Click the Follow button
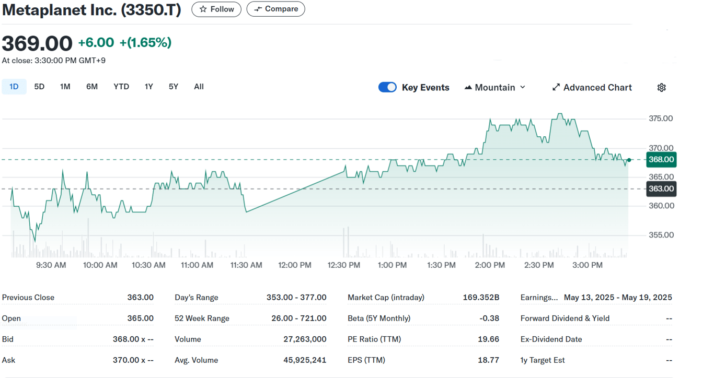coord(216,9)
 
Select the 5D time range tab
coord(39,87)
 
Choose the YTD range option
coord(121,87)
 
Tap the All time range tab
coord(199,87)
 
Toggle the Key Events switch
coord(387,87)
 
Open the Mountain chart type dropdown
coord(494,87)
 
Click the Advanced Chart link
coord(592,87)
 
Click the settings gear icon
coord(661,87)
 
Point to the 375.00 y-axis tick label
coord(661,119)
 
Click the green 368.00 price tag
coord(661,160)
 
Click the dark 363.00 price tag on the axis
coord(661,189)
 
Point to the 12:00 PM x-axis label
coord(295,265)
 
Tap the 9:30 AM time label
coord(51,265)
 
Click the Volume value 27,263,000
coord(305,339)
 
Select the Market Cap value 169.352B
coord(481,298)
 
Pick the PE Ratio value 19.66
coord(488,339)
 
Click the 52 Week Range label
coord(201,318)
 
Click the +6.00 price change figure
coord(96,43)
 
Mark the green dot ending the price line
coord(629,160)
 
